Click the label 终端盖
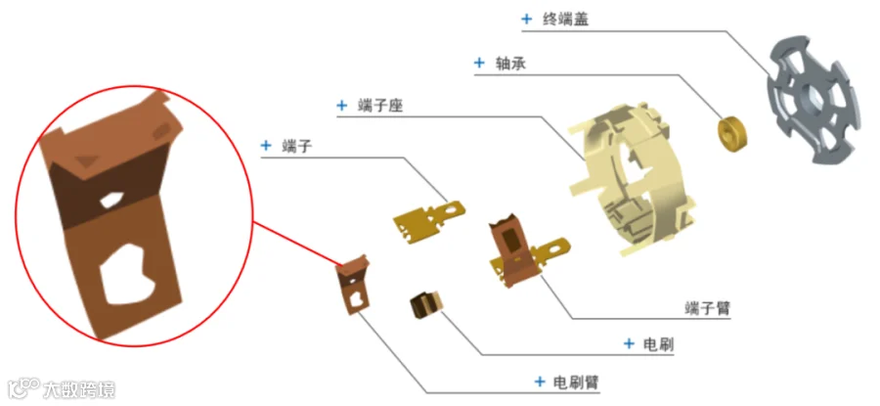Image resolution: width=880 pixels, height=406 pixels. click(566, 19)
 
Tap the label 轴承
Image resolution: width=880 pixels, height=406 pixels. click(512, 63)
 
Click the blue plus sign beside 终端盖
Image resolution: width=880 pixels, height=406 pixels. click(527, 19)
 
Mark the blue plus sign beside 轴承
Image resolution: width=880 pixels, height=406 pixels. click(479, 63)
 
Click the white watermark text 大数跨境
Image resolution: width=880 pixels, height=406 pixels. click(79, 389)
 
